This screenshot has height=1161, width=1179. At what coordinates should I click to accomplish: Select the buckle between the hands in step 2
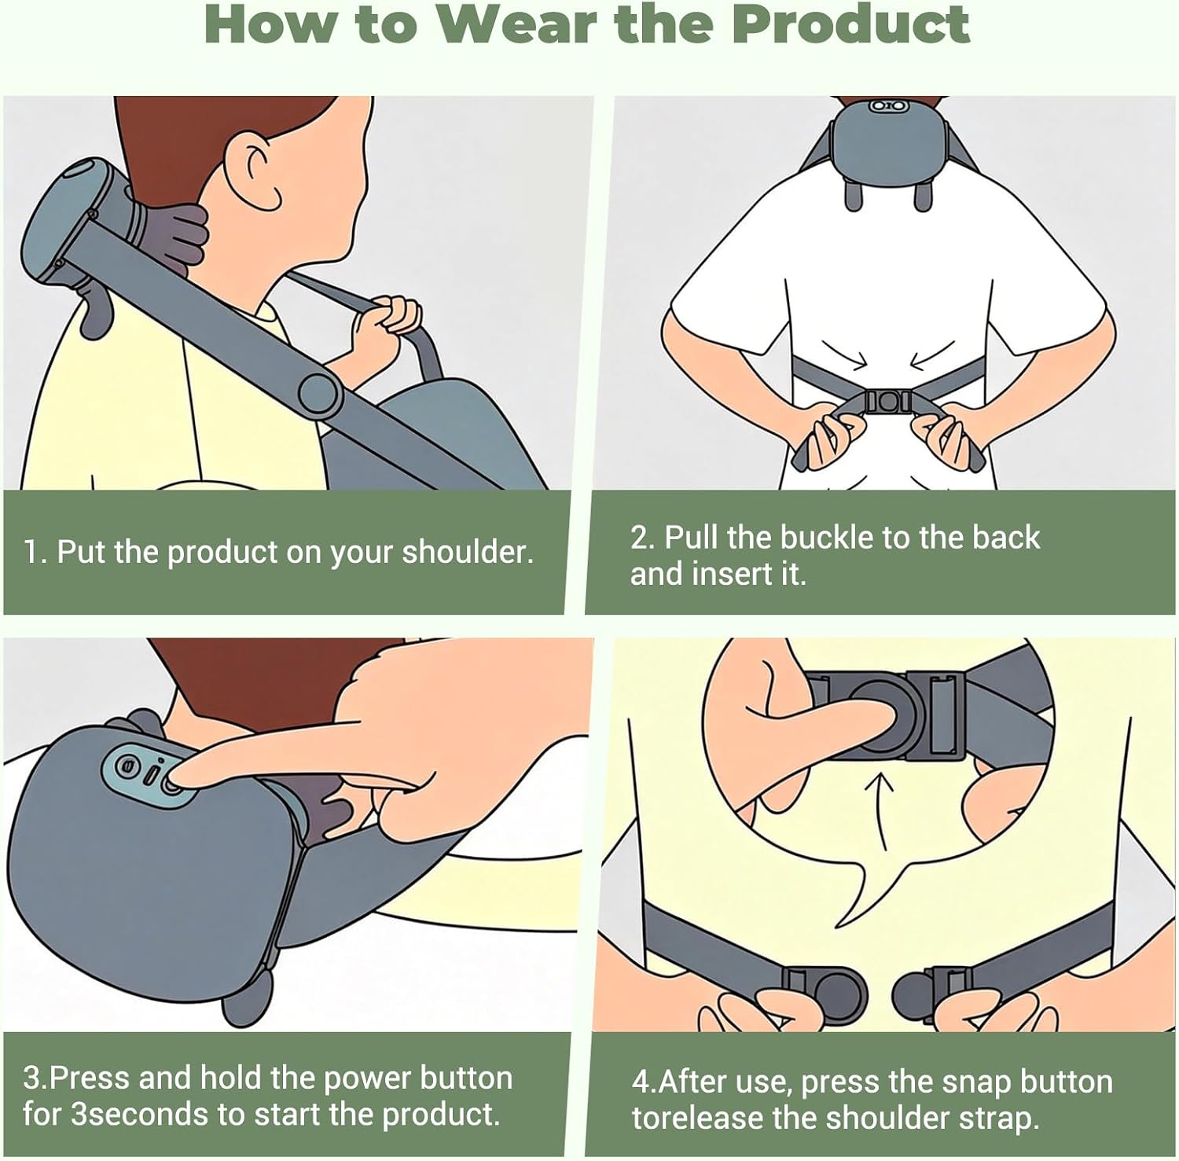pyautogui.click(x=888, y=402)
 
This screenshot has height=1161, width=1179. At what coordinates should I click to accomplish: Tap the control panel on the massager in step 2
pyautogui.click(x=889, y=105)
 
